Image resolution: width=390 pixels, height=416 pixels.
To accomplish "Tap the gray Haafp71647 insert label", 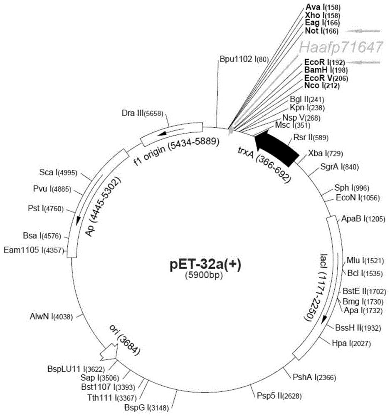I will click(x=341, y=47).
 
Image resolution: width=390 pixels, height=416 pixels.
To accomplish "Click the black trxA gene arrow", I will click(x=276, y=146).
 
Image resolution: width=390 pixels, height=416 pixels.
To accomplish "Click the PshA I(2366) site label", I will click(x=314, y=377).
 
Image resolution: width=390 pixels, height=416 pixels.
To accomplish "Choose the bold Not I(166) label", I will click(x=322, y=31).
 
